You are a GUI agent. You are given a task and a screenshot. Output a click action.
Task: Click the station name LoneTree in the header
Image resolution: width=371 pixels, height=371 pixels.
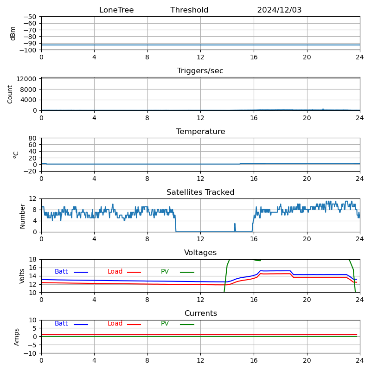point(116,10)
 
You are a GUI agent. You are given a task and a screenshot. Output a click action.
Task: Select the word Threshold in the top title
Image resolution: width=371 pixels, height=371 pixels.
point(189,10)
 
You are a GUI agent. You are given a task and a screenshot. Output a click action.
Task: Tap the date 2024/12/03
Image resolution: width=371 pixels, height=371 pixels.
point(279,10)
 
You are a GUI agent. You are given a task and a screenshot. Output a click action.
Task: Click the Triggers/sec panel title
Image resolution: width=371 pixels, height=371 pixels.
point(200,71)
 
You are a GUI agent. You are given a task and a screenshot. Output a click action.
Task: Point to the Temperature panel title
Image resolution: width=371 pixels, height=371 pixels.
point(200,132)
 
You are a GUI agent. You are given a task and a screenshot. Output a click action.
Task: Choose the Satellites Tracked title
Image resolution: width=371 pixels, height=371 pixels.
point(200,192)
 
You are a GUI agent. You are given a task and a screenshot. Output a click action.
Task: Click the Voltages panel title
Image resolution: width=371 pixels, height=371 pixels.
point(200,253)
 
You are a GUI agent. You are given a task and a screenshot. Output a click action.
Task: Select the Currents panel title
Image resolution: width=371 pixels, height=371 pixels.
point(200,313)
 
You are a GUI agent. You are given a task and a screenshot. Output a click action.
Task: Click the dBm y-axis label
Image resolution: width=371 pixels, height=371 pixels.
point(13,33)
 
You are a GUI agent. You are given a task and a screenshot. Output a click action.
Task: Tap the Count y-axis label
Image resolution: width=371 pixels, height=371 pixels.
point(10,94)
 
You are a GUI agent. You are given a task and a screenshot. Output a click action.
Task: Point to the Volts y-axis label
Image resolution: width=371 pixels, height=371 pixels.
point(22,276)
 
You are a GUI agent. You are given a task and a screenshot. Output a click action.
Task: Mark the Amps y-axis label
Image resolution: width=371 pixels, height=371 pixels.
point(17,337)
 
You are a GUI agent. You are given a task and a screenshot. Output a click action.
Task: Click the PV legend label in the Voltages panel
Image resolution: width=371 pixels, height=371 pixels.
point(165,272)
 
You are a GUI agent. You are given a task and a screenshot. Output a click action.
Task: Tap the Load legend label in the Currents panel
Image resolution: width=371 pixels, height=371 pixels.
point(115,324)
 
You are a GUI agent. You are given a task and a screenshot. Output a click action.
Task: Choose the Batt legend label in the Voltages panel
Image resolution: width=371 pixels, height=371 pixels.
point(61,272)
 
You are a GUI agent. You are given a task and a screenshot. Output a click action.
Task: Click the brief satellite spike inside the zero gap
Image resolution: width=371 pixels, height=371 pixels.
point(235,226)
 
